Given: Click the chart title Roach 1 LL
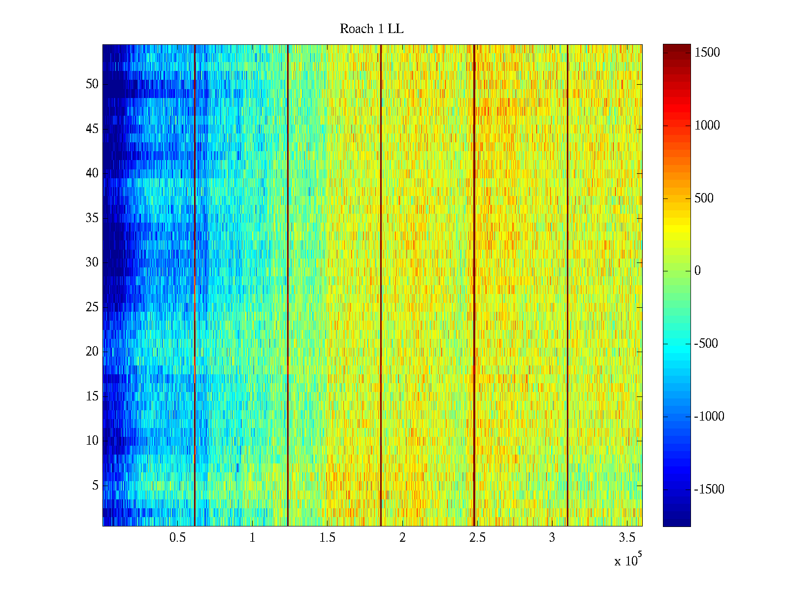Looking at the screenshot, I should click(371, 29).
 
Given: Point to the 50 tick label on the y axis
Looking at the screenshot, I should click(92, 84).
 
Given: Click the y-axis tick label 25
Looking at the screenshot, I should click(92, 307).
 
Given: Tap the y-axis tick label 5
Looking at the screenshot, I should click(95, 486).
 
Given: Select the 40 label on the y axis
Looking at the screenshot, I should click(92, 173).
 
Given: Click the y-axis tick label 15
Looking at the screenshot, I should click(92, 396).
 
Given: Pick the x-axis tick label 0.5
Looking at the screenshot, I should click(177, 538).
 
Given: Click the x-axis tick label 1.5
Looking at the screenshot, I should click(327, 538).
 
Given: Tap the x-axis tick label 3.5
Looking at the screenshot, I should click(626, 538).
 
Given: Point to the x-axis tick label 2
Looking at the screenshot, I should click(402, 538).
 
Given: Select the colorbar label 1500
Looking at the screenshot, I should click(707, 53).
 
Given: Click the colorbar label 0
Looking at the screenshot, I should click(697, 271).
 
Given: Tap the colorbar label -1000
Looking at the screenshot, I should click(709, 417).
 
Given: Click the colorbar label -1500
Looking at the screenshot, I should click(709, 490).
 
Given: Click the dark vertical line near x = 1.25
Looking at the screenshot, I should click(288, 286).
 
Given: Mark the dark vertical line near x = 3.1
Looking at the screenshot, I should click(567, 286).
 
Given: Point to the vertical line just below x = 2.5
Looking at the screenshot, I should click(474, 286).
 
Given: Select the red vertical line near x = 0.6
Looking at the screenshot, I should click(195, 286).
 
